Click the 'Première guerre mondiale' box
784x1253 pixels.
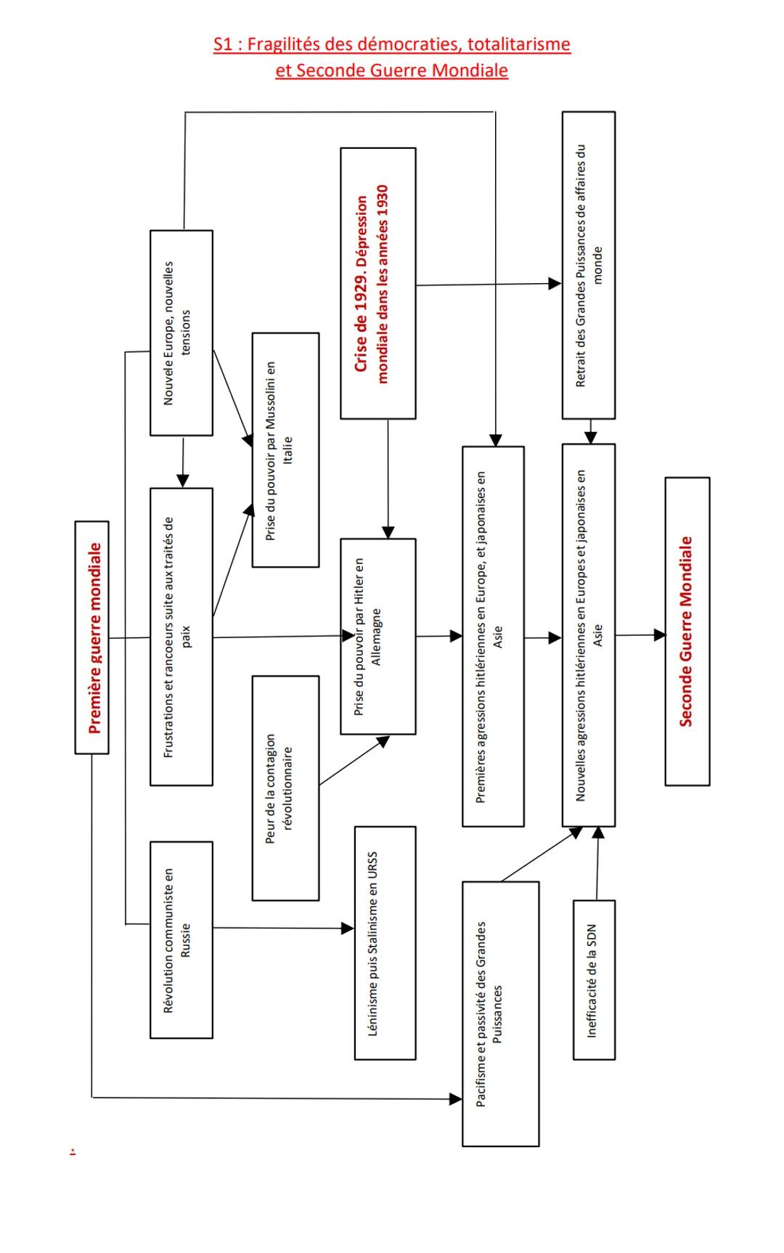(92, 637)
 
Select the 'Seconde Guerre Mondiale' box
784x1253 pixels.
(687, 631)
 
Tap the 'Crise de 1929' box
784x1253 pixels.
(378, 283)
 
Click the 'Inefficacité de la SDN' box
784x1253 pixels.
(594, 980)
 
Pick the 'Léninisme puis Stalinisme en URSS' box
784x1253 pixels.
(385, 943)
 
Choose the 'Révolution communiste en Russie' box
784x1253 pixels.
(181, 939)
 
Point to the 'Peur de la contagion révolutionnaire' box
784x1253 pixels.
(285, 788)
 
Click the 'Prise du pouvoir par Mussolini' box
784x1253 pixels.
(285, 450)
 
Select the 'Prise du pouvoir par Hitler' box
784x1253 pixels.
(378, 637)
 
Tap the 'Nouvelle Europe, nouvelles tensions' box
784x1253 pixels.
(181, 333)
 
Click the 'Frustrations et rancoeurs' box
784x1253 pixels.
(181, 637)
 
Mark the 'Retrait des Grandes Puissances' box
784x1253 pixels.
(588, 265)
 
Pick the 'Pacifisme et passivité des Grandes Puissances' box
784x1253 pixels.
(500, 1013)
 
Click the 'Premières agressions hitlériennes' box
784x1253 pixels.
(493, 637)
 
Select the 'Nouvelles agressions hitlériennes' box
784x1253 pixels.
(588, 635)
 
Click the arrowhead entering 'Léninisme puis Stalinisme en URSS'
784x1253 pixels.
(348, 928)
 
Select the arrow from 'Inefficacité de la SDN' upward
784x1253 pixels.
(597, 864)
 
